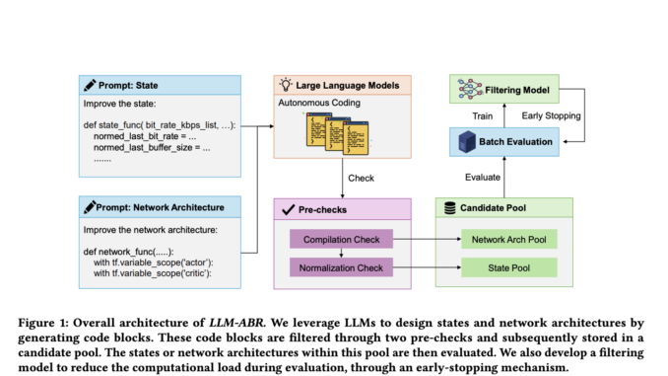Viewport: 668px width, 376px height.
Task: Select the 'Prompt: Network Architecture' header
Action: pyautogui.click(x=159, y=208)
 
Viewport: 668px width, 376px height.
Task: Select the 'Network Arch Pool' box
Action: pyautogui.click(x=508, y=239)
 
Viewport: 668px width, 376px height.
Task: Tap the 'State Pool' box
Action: pyautogui.click(x=508, y=266)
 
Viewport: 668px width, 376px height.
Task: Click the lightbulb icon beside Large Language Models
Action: pyautogui.click(x=287, y=86)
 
